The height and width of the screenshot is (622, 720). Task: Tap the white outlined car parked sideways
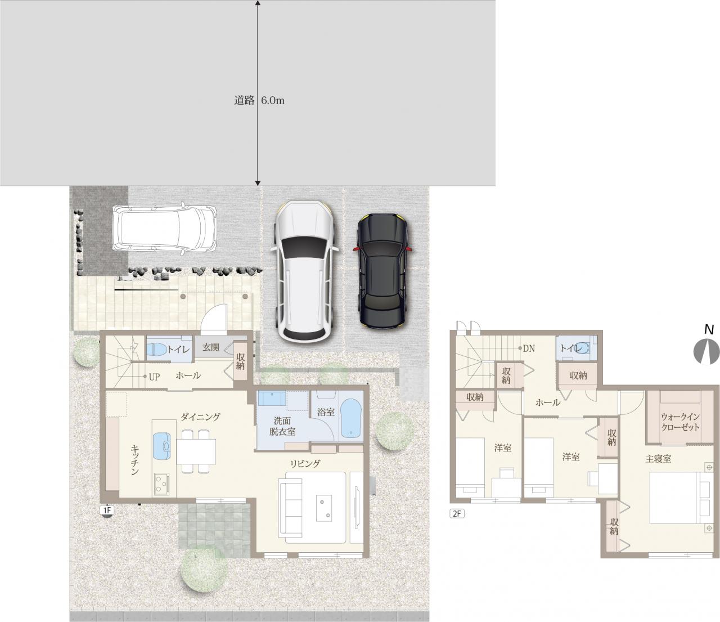point(164,228)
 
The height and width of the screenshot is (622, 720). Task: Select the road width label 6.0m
point(272,101)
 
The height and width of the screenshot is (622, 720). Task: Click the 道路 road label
point(244,101)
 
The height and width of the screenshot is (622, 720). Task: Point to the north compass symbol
point(706,352)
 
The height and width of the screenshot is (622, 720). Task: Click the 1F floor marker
point(107,511)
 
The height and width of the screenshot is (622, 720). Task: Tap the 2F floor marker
point(457,513)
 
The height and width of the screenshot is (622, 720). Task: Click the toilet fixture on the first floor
point(156,350)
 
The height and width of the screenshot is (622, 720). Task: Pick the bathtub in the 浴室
point(350,418)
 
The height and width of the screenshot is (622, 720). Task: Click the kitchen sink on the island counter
point(161,446)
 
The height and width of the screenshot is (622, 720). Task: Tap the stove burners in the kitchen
point(161,484)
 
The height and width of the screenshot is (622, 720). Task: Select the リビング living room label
point(305,464)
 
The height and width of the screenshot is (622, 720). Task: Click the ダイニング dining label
point(200,417)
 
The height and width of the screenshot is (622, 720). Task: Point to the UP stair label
point(154,377)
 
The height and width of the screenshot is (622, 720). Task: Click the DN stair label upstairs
point(529,348)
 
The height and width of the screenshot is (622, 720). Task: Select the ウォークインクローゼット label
point(680,422)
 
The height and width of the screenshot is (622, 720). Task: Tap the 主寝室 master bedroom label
point(658,459)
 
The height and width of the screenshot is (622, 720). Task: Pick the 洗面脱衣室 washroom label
point(282,427)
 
